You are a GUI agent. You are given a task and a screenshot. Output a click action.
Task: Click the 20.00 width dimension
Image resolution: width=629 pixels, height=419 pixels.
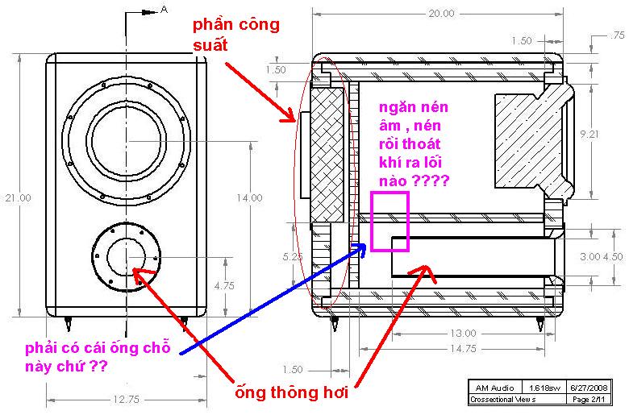tap(441, 14)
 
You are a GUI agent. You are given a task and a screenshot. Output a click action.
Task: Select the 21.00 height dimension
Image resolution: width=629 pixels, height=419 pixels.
tap(18, 197)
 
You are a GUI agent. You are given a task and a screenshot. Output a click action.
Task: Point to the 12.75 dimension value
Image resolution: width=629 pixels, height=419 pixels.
tap(126, 399)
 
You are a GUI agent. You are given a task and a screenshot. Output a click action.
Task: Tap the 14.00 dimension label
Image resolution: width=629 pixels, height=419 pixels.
tap(249, 197)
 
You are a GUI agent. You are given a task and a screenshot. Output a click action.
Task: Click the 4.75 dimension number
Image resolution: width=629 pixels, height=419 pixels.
tap(224, 285)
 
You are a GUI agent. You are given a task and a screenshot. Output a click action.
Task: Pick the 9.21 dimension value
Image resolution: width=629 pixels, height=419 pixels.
tap(589, 135)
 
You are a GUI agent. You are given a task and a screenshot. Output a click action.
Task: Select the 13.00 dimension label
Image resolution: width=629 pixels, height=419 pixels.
tap(463, 334)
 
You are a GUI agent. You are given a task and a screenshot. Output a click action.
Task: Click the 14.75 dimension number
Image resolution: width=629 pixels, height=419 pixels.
tap(463, 348)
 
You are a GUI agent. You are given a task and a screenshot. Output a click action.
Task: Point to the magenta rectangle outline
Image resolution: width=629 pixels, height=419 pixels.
tap(371, 222)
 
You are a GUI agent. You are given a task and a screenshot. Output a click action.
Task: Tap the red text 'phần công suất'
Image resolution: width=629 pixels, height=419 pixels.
tap(235, 35)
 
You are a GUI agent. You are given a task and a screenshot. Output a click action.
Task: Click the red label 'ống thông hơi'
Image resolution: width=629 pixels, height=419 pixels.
tap(292, 392)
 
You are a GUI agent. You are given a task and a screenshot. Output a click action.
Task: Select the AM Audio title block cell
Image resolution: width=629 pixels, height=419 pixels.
tap(494, 388)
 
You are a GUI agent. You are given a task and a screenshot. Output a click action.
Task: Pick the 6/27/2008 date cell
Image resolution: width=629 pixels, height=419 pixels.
tap(589, 388)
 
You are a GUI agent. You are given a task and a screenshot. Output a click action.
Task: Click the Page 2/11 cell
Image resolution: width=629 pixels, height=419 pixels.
tap(589, 400)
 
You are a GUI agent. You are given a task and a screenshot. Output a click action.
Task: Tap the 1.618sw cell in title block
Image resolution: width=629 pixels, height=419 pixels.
tap(544, 388)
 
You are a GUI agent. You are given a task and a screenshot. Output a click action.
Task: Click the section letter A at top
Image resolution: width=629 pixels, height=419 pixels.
tap(164, 9)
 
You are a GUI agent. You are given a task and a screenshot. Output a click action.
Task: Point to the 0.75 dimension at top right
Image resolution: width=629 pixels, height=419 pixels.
tap(618, 35)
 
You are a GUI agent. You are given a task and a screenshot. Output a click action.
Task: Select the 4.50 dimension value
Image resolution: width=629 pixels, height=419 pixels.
tap(614, 256)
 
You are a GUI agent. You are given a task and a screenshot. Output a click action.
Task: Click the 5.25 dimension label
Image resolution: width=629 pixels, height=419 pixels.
tap(292, 256)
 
